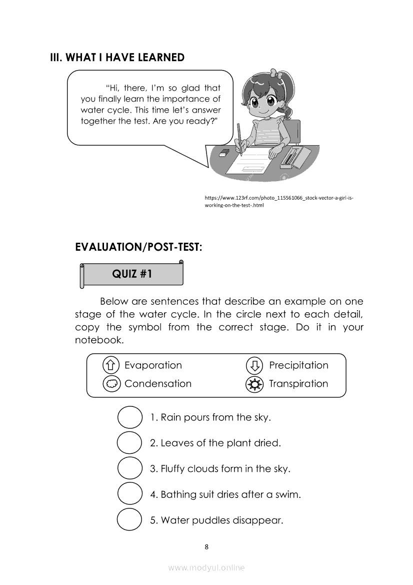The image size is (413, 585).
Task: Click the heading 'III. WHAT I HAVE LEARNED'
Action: tap(117, 58)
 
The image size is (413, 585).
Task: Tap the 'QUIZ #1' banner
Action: tap(132, 274)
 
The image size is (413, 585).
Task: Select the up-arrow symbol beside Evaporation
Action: tap(111, 365)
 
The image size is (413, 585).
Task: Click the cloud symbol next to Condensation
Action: tap(111, 384)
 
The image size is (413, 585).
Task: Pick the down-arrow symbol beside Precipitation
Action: tap(254, 365)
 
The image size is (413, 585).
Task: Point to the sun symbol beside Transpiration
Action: tap(254, 384)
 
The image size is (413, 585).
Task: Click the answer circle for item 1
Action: tap(129, 417)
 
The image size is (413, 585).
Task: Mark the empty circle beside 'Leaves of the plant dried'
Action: tap(129, 443)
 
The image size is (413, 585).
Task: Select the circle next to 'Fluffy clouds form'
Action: tap(129, 468)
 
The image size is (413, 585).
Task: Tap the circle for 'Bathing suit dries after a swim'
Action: tap(129, 494)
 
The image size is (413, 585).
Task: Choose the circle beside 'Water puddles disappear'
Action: tap(129, 519)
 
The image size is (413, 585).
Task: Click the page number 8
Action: tap(206, 546)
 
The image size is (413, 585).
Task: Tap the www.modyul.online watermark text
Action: tap(206, 567)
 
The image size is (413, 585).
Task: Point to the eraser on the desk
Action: tap(224, 152)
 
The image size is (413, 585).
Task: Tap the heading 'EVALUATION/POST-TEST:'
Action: tap(138, 247)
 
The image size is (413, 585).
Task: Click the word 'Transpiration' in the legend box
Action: tap(298, 384)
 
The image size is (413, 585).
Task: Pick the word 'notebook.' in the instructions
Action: tap(98, 340)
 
